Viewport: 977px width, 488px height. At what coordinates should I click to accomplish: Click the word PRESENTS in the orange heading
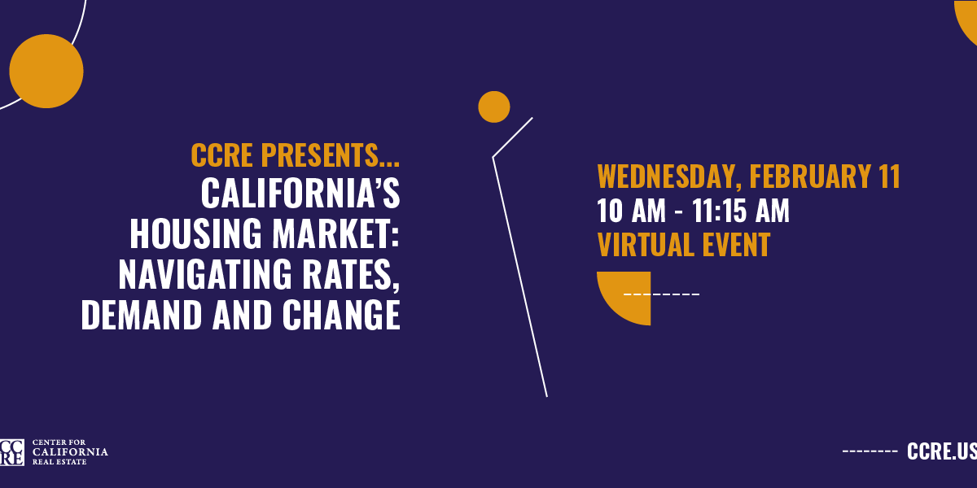point(320,155)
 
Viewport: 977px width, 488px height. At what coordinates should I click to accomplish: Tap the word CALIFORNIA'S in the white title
point(300,193)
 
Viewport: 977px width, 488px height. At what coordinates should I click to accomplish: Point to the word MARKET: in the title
point(335,234)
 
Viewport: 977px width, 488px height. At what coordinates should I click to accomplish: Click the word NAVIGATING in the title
point(205,275)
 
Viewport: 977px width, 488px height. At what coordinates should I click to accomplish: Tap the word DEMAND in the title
point(142,315)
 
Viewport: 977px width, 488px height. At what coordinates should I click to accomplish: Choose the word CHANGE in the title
point(341,315)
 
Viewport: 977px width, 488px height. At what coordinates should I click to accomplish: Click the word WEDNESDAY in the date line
point(669,176)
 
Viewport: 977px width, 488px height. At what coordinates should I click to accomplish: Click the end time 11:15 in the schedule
point(719,211)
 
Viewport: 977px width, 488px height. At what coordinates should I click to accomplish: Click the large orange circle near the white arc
point(46,71)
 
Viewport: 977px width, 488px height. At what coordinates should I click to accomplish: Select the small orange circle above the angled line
point(493,107)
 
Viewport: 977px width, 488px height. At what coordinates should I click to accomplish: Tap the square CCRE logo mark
point(11,453)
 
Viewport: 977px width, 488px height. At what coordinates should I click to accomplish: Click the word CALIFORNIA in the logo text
point(70,452)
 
